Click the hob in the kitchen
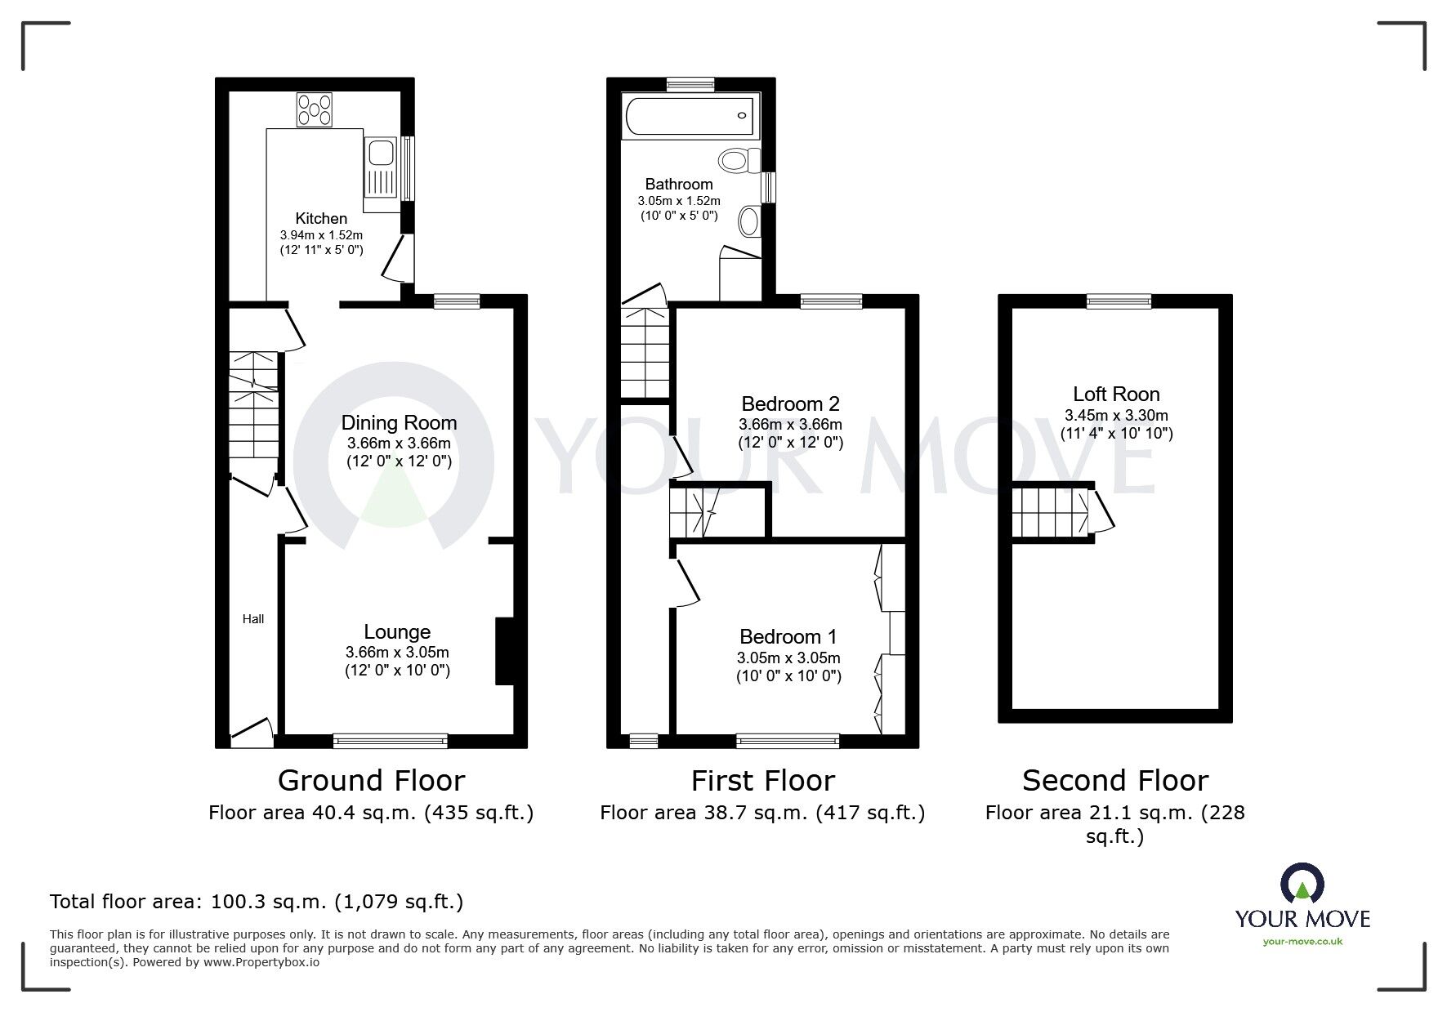[x=315, y=110]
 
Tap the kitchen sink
[x=381, y=154]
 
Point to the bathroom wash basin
[x=748, y=220]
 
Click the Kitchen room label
[x=321, y=218]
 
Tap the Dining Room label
[x=399, y=422]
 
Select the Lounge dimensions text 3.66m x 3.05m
[x=397, y=652]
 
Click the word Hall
[x=253, y=619]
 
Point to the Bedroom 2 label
[x=790, y=403]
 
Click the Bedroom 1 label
[x=788, y=636]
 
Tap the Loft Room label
[x=1116, y=394]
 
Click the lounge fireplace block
[x=503, y=651]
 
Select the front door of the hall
[x=252, y=733]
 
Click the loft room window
[x=1118, y=301]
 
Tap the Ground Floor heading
[x=371, y=780]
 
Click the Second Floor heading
[x=1114, y=780]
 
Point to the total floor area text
[x=257, y=902]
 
